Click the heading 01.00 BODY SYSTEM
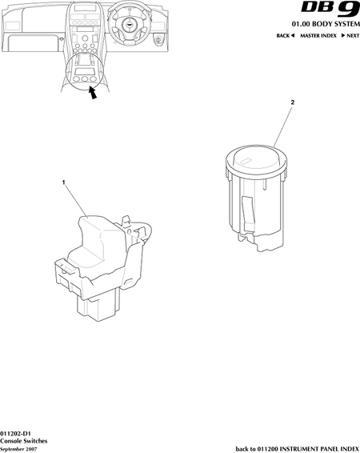click(x=326, y=24)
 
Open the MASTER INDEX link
click(x=318, y=35)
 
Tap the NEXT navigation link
click(x=350, y=35)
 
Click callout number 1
click(x=63, y=182)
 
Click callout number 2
click(x=293, y=102)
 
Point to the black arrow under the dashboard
click(x=92, y=93)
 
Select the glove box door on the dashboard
click(x=31, y=43)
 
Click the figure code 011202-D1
click(x=15, y=434)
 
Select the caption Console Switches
click(x=24, y=441)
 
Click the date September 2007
click(x=18, y=449)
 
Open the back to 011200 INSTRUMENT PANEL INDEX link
click(x=298, y=449)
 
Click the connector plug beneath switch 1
click(x=98, y=306)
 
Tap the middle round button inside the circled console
click(x=85, y=79)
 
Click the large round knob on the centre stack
click(x=85, y=38)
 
